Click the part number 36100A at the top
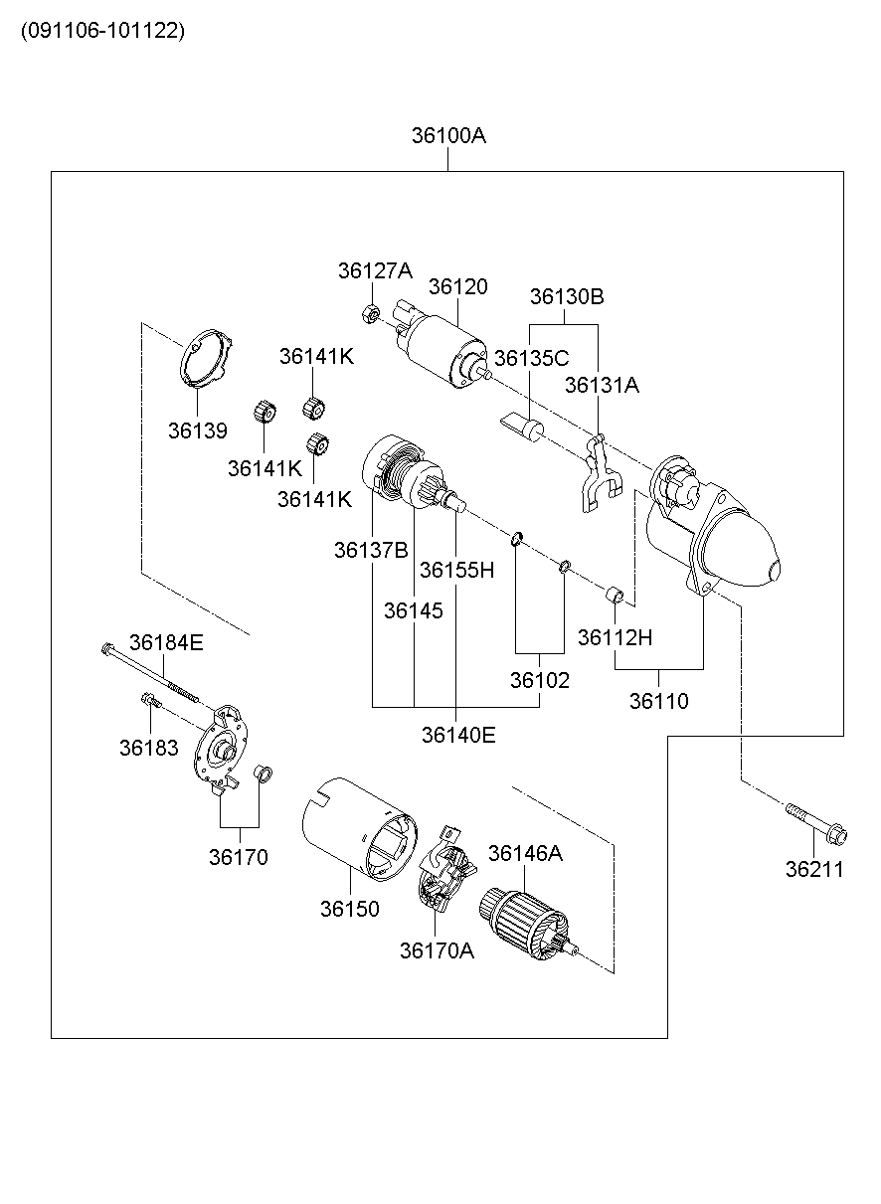(x=448, y=136)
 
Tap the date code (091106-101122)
(x=102, y=31)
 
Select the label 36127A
(x=373, y=269)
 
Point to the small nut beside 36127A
(x=368, y=314)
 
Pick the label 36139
(x=197, y=430)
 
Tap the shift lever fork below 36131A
(x=596, y=471)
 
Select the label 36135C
(x=531, y=358)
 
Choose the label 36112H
(x=615, y=637)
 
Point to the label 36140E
(x=457, y=735)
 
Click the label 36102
(x=540, y=680)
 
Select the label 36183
(x=148, y=748)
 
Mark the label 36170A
(x=437, y=950)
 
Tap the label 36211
(x=814, y=869)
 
